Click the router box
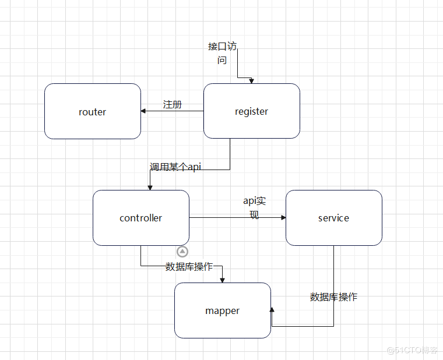[x=93, y=111]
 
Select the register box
[x=251, y=111]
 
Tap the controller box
[x=140, y=218]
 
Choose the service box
[x=333, y=218]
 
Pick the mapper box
[x=222, y=310]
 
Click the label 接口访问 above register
[x=222, y=52]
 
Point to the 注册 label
[x=173, y=104]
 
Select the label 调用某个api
[x=175, y=167]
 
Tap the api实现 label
[x=254, y=207]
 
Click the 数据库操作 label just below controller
[x=189, y=266]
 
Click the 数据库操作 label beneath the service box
[x=333, y=297]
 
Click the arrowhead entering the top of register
[x=252, y=81]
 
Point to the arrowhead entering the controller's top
[x=150, y=187]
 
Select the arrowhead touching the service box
[x=283, y=218]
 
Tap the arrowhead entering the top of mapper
[x=223, y=280]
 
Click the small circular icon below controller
[x=182, y=252]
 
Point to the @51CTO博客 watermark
[x=412, y=350]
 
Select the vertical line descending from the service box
[x=333, y=285]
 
